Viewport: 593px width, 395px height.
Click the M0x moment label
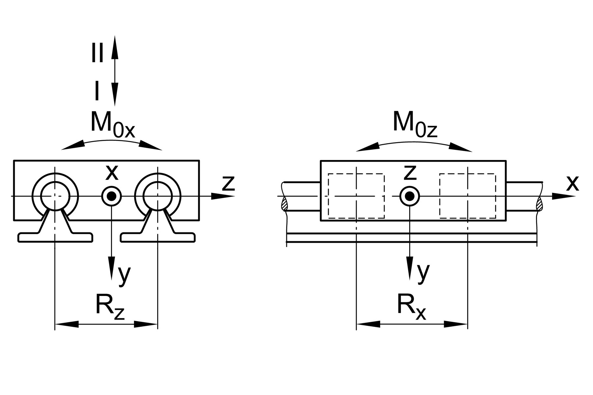click(x=112, y=125)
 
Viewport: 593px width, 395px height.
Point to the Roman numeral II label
click(x=97, y=53)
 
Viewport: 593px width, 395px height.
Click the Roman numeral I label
click(x=97, y=91)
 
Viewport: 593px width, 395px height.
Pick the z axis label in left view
click(x=228, y=183)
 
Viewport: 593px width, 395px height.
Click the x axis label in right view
click(x=572, y=183)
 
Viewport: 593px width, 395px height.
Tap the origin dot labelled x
click(x=112, y=196)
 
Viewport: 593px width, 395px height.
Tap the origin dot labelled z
click(x=409, y=196)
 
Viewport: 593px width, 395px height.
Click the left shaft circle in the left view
click(x=55, y=196)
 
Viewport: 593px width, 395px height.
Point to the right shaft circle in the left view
click(x=157, y=196)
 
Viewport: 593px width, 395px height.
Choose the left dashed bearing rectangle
click(x=356, y=196)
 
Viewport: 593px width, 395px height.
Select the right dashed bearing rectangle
click(x=467, y=196)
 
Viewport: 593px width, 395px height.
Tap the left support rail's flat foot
click(x=55, y=237)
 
